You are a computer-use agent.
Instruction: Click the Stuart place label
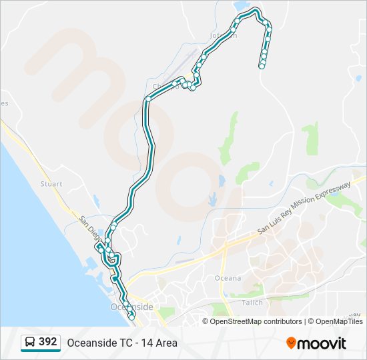click(51, 184)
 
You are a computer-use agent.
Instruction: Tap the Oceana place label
click(228, 278)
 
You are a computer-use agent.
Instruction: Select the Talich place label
click(252, 303)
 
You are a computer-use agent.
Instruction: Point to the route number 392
click(47, 342)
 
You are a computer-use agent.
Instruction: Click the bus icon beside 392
click(30, 343)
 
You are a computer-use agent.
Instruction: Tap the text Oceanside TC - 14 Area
click(121, 343)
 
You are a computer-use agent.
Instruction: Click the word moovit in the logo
click(322, 343)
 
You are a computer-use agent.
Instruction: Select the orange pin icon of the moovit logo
click(291, 343)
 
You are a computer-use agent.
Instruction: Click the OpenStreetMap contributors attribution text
click(256, 321)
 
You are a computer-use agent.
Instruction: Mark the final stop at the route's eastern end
click(262, 66)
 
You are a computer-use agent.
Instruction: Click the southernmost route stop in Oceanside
click(131, 317)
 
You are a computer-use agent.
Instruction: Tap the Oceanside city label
click(131, 307)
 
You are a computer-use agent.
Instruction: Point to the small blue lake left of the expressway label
click(213, 199)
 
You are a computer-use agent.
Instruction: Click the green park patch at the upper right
click(310, 139)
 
